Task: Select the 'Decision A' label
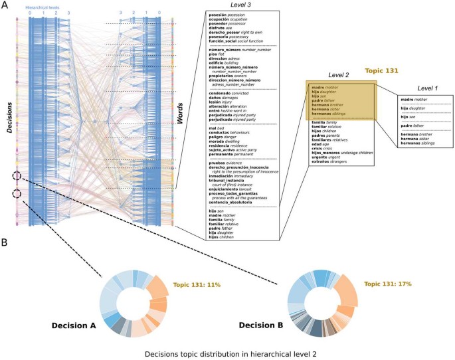74,325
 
